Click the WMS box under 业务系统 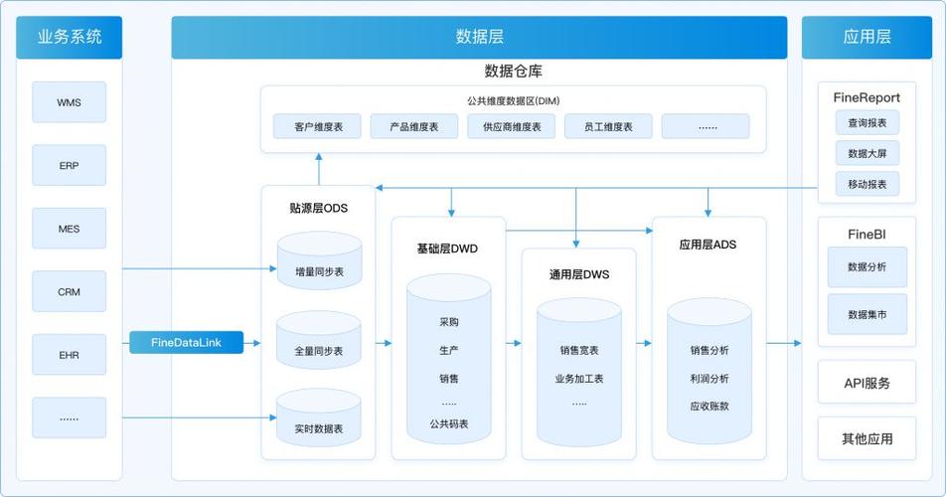pos(69,102)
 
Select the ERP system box pos(69,165)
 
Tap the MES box pos(69,229)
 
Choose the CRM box pos(69,292)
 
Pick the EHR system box pos(69,355)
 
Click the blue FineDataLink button pos(186,343)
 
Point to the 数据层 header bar pos(479,37)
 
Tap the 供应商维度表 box pos(512,126)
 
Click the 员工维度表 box pos(608,126)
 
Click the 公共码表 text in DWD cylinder pos(449,424)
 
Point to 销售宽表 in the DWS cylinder pos(579,350)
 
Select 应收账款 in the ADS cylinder pos(709,406)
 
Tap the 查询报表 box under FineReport pos(867,122)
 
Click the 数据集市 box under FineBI pos(867,314)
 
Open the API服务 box pos(867,383)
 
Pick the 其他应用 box pos(867,438)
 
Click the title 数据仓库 pos(513,72)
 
